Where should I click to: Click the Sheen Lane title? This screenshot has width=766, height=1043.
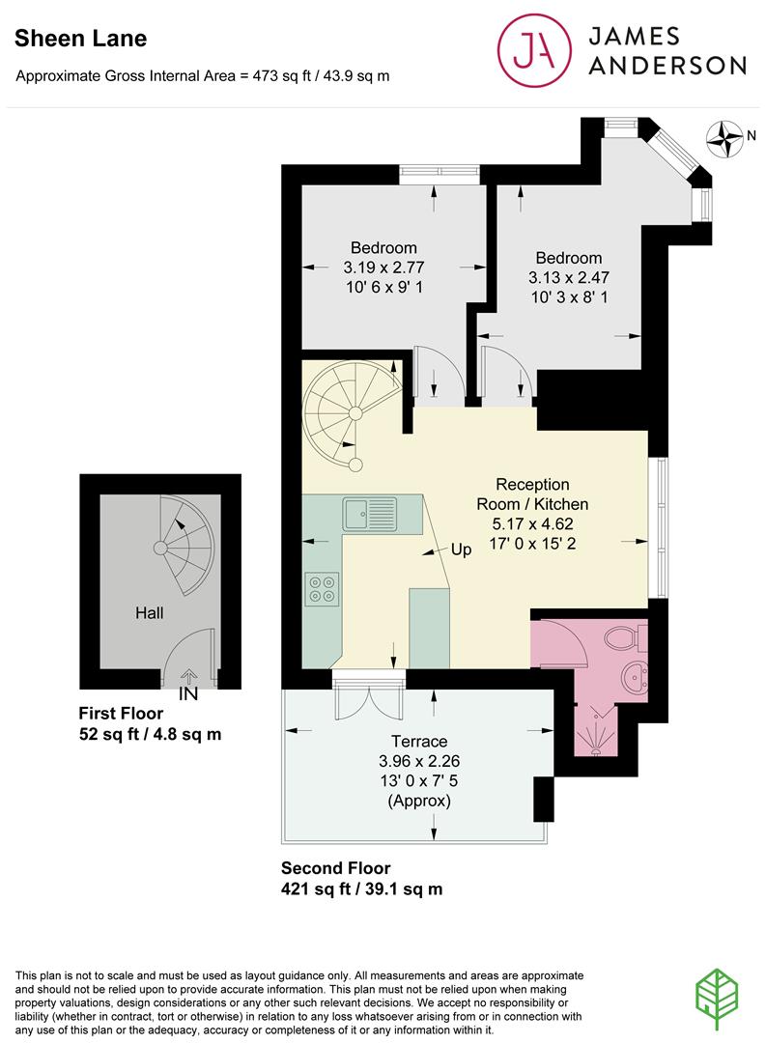point(80,39)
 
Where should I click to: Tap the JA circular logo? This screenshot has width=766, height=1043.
point(534,51)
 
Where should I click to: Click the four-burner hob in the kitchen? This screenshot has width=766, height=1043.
point(322,589)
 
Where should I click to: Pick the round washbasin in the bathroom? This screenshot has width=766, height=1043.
point(635,679)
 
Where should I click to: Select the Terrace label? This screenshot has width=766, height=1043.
point(419,741)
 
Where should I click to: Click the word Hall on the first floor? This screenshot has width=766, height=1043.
point(149,612)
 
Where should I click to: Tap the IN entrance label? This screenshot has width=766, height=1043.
point(188,693)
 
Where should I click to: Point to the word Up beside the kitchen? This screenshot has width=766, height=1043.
point(461,550)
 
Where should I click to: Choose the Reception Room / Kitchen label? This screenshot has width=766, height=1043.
point(532,494)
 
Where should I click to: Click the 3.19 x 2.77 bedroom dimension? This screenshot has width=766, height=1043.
point(384,268)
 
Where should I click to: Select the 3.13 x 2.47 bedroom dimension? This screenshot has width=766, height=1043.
point(569,277)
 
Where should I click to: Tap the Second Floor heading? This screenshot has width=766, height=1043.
point(335,868)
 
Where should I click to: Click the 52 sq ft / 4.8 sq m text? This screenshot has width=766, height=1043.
point(150,734)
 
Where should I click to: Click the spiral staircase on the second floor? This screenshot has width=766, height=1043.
point(353,413)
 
